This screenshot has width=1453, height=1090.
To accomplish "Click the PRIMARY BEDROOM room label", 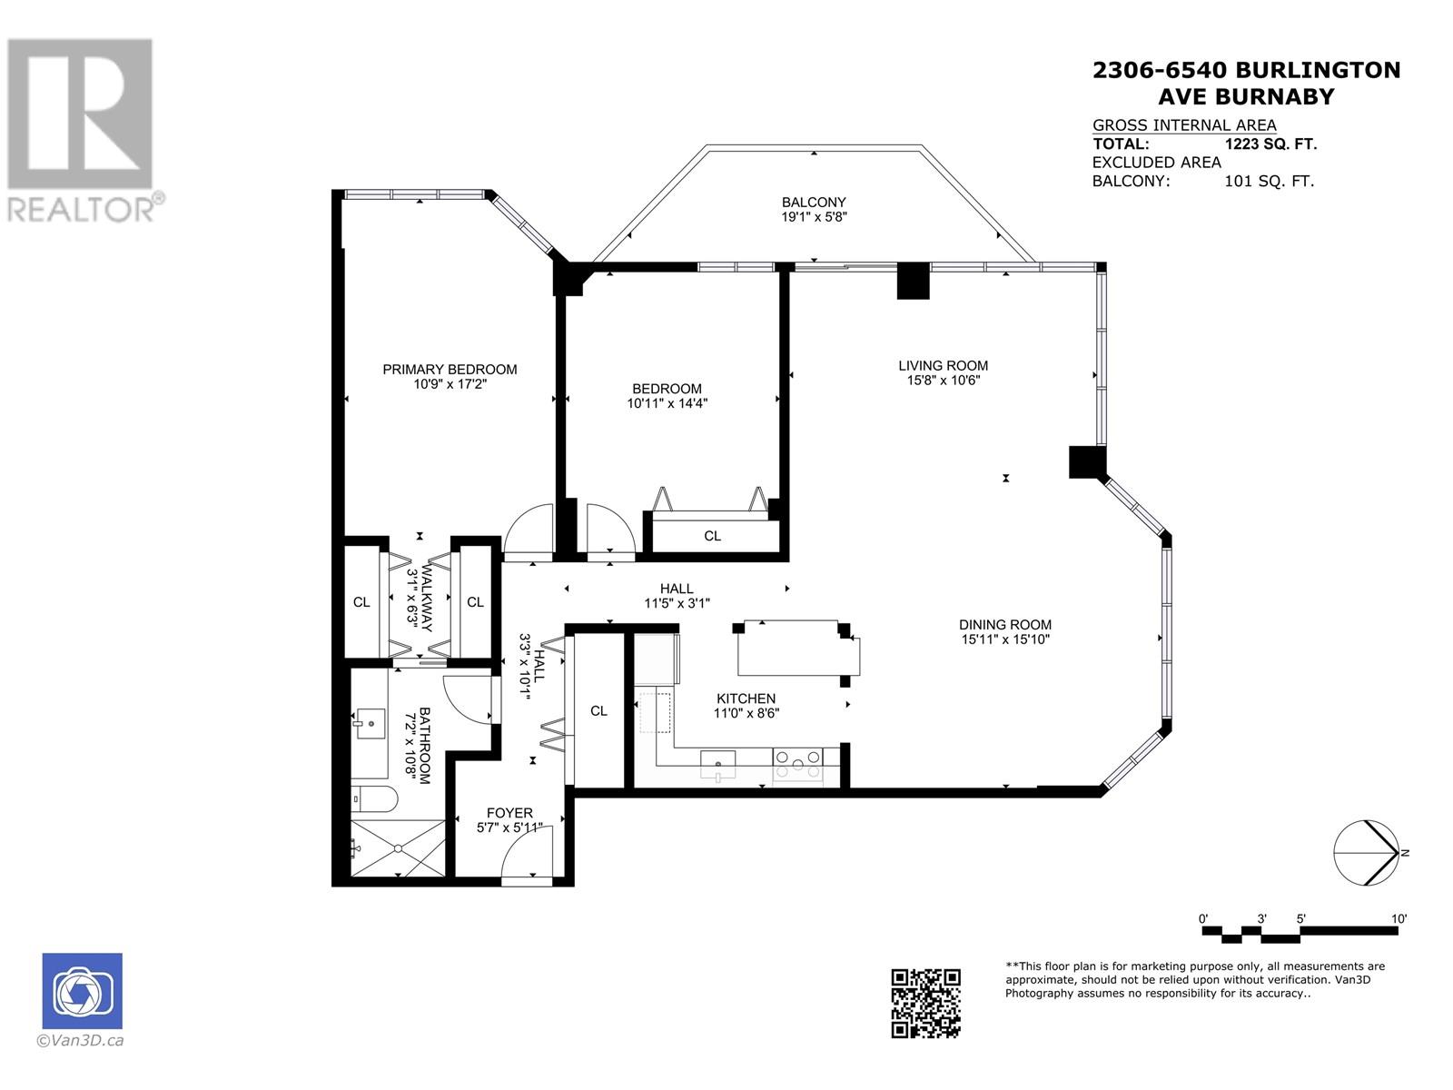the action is [x=450, y=370].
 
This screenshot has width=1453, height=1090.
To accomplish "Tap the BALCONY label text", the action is [x=814, y=202].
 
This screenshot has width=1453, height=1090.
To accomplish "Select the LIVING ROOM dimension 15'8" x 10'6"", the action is [x=944, y=381].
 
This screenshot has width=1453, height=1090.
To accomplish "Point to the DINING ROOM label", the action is [x=1005, y=624].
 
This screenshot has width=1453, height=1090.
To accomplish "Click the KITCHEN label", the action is [x=746, y=699].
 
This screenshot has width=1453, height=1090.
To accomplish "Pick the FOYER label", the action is [x=509, y=813].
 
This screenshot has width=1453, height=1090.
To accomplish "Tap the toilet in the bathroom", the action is [x=373, y=799].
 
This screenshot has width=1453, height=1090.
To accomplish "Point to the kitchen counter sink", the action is [x=718, y=767].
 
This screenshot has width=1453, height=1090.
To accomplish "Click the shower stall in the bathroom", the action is [x=398, y=847].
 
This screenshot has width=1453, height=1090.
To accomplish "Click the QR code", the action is [x=925, y=1004].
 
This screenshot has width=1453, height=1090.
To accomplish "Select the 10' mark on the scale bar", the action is [x=1399, y=918].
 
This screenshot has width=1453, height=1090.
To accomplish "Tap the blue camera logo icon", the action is [x=82, y=991].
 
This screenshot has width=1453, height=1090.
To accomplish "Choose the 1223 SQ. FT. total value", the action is [x=1270, y=144].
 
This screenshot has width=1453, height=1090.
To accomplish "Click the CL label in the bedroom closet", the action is [x=712, y=535].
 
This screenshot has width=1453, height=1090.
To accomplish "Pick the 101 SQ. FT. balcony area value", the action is [x=1269, y=181].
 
